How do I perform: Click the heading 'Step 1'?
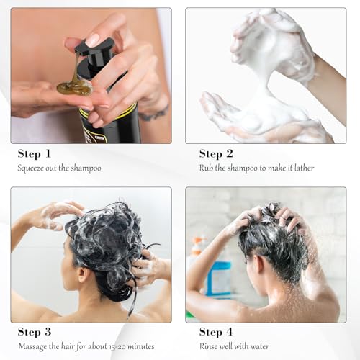35,153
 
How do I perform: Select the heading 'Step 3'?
35,333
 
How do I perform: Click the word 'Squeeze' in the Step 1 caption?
32,168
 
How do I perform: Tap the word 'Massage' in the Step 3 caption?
33,348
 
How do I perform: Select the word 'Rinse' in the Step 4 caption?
210,348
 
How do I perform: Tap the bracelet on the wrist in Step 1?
153,114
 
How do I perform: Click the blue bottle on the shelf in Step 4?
218,277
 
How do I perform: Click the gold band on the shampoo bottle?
108,112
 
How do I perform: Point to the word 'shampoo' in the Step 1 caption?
84,168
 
